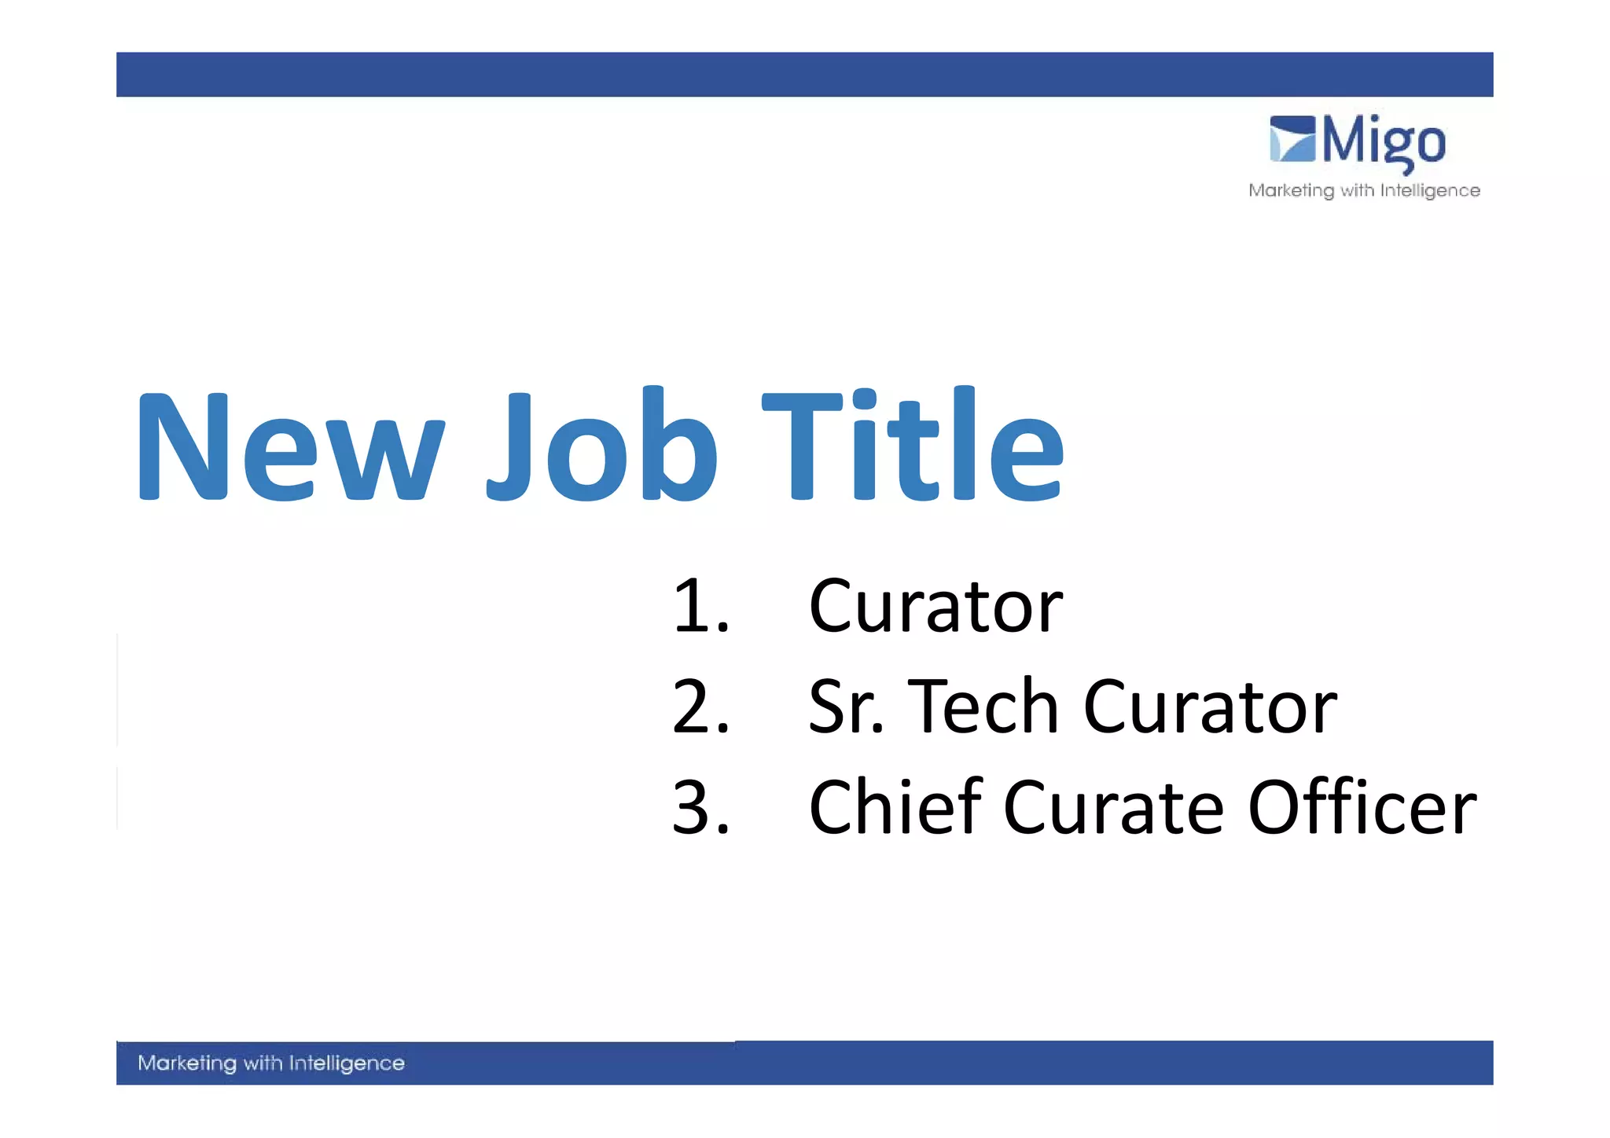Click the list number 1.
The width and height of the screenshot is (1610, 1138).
(700, 606)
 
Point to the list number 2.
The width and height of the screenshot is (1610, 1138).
(700, 707)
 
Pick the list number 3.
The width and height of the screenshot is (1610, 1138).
(700, 807)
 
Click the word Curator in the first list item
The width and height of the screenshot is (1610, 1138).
(935, 606)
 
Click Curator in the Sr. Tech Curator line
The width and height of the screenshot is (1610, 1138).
(1210, 707)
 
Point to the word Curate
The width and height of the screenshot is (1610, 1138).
(1113, 807)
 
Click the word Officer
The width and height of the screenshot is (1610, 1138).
(1362, 807)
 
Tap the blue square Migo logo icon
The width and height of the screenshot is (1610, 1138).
(1292, 139)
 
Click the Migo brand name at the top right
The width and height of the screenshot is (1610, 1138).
(1384, 141)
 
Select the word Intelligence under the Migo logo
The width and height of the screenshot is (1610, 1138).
(1430, 191)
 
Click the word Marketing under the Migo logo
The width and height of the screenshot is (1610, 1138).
(1291, 191)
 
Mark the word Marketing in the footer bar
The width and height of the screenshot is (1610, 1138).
(186, 1063)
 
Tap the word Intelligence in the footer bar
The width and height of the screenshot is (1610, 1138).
(347, 1063)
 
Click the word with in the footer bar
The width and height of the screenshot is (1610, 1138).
(263, 1063)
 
